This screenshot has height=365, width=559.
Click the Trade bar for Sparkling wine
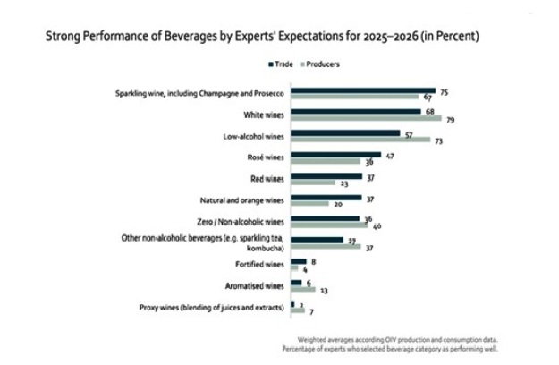tap(362, 90)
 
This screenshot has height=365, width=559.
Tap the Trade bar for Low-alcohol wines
tap(345, 133)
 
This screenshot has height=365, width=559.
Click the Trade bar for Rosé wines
tap(336, 155)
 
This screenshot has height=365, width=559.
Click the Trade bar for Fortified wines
tap(299, 262)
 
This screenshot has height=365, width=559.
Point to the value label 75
tap(444, 91)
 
